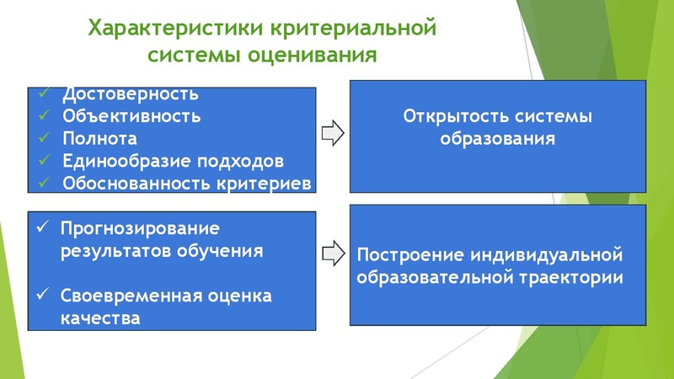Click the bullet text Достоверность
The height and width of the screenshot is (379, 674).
[130, 93]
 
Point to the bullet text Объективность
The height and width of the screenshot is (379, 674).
[131, 115]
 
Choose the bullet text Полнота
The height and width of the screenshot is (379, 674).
[99, 137]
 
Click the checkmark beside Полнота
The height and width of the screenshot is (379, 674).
[44, 137]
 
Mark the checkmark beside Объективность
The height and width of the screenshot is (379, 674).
[44, 115]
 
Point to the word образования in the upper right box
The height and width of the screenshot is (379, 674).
[499, 137]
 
